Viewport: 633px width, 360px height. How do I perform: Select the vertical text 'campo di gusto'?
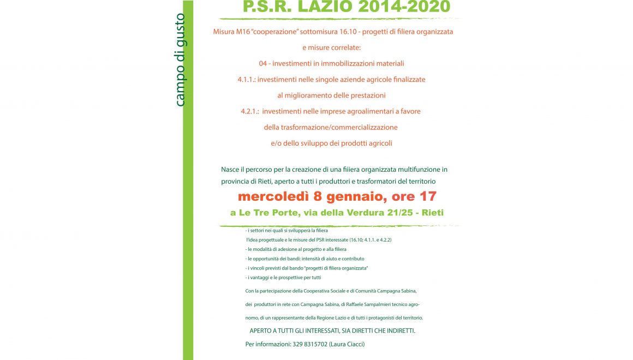coord(180,60)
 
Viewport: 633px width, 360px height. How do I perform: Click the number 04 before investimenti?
coord(263,63)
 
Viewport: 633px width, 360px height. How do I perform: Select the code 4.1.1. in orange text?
coord(246,80)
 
